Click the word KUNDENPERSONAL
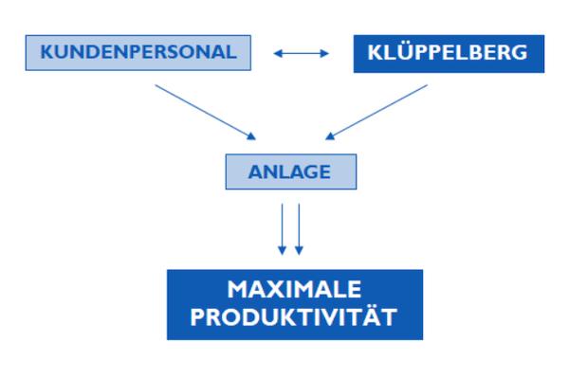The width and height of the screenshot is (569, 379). (x=138, y=52)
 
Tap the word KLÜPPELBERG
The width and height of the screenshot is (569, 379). (x=448, y=52)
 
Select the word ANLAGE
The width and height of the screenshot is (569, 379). (x=289, y=171)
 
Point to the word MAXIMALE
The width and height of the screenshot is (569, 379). (x=294, y=289)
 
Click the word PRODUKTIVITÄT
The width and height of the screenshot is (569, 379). (x=294, y=317)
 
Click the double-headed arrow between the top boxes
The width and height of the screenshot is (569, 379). (x=302, y=54)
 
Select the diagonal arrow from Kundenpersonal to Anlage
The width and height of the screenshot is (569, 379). (x=206, y=112)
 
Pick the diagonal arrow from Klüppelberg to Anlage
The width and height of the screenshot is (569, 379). (x=376, y=112)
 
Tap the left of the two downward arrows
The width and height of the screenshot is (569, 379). (x=282, y=229)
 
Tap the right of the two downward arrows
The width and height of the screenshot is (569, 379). (x=299, y=229)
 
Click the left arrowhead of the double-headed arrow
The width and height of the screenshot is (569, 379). (x=278, y=54)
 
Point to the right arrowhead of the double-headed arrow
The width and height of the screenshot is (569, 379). (x=324, y=54)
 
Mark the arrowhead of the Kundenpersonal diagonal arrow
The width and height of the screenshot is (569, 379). (x=251, y=136)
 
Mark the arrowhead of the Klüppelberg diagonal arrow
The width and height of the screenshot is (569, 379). (x=330, y=136)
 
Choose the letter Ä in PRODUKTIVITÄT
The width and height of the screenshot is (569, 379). (x=373, y=316)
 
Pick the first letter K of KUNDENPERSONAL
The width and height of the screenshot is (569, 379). (x=46, y=52)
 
